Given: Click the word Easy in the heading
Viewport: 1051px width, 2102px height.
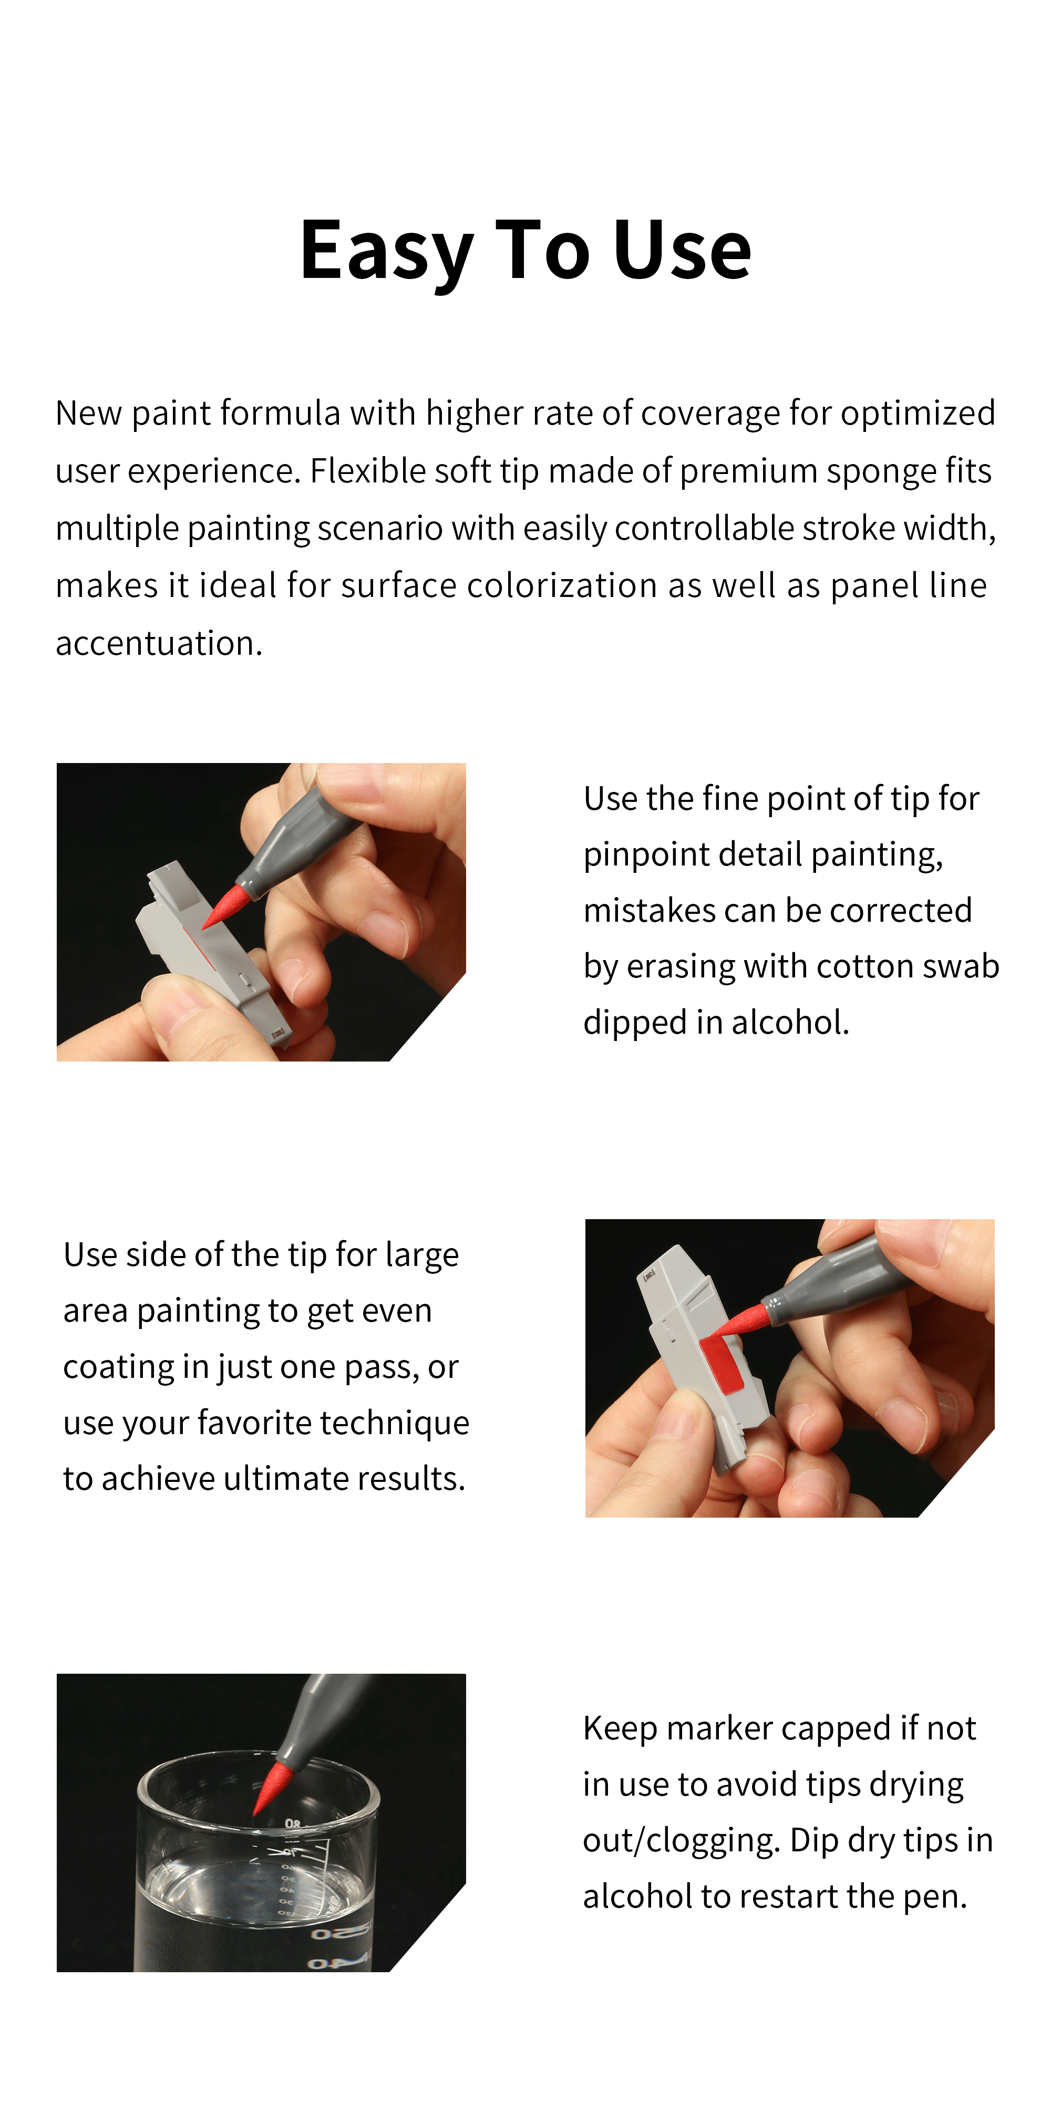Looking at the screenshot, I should click(386, 251).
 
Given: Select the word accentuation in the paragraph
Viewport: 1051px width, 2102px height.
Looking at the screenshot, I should click(159, 644).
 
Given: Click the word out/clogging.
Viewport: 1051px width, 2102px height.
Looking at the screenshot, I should click(682, 1841).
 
